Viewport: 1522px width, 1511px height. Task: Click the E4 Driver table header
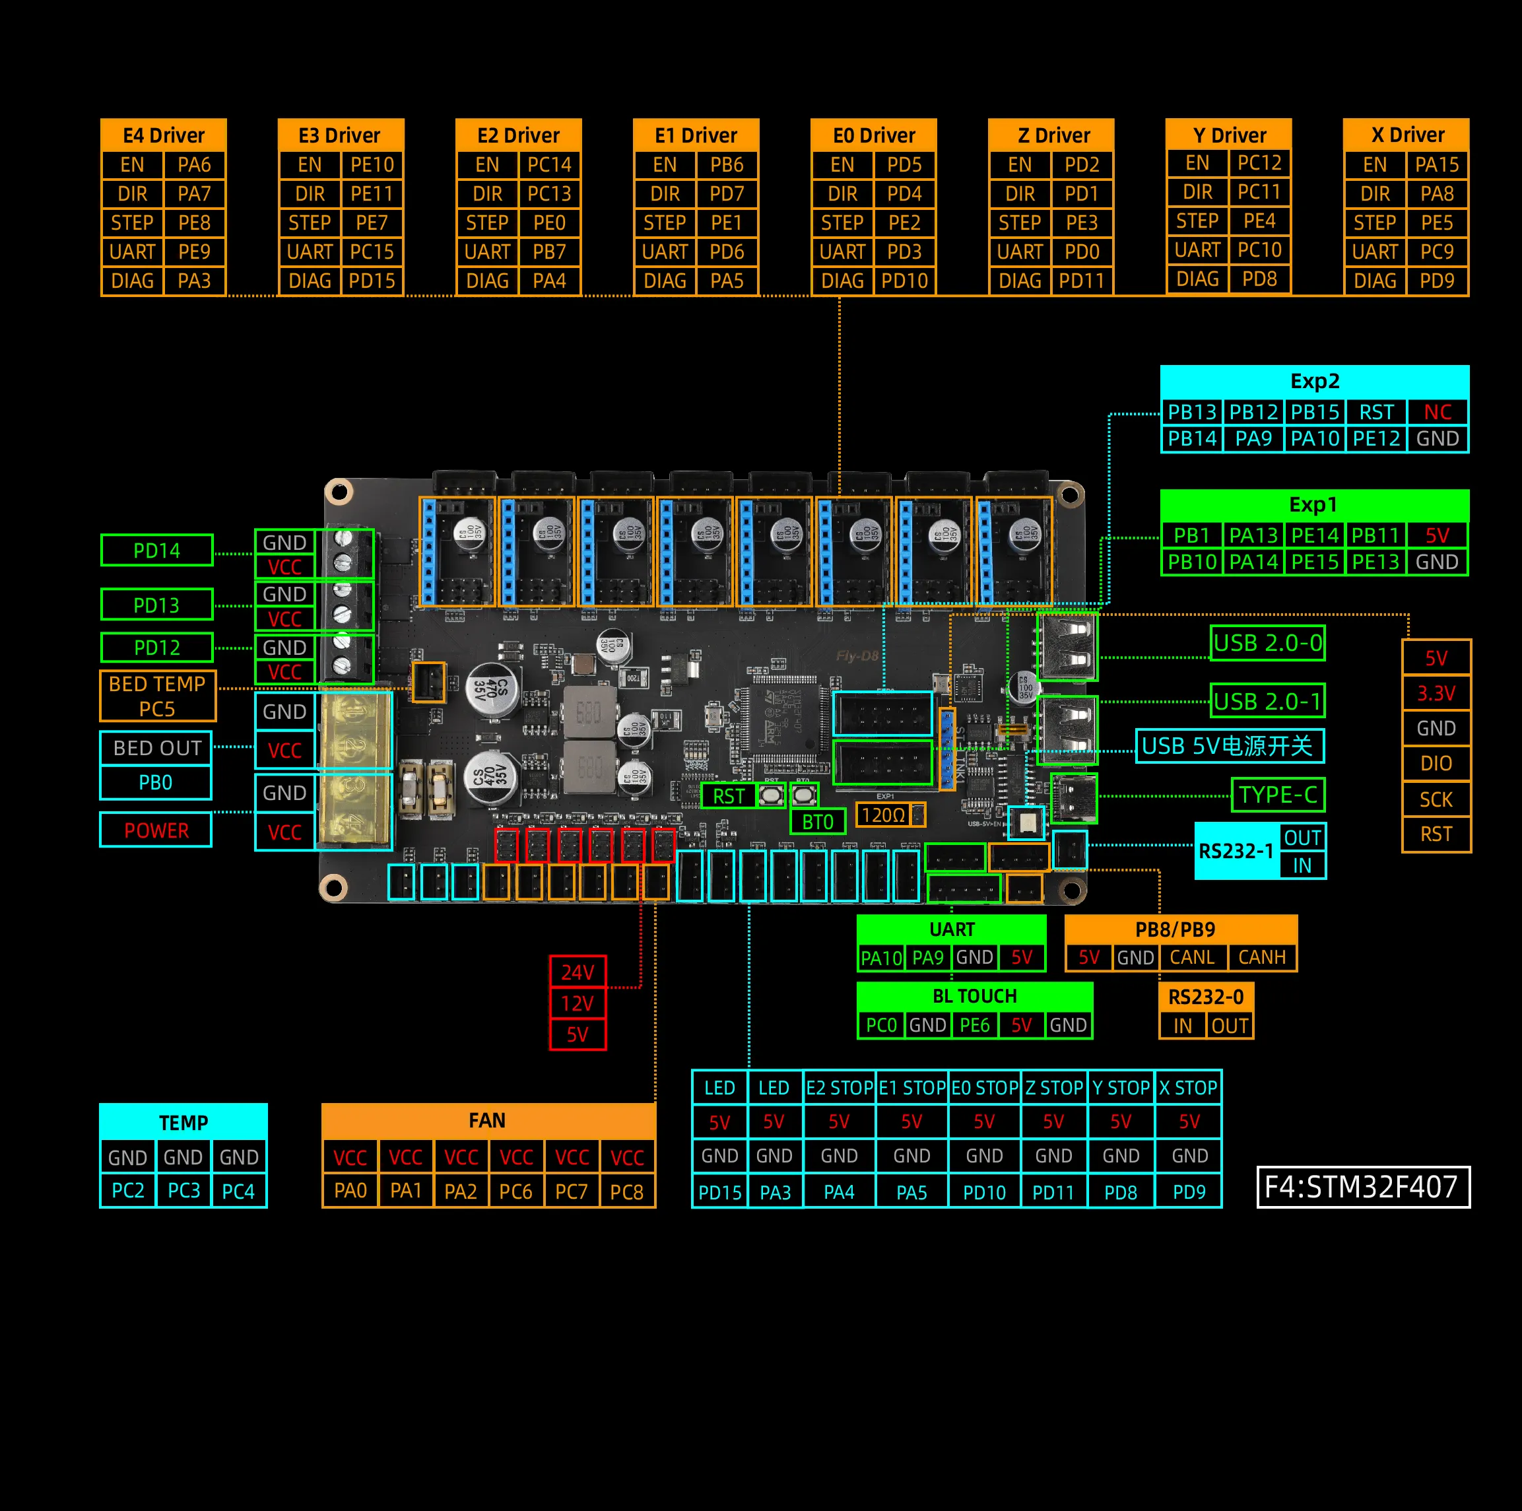pyautogui.click(x=163, y=135)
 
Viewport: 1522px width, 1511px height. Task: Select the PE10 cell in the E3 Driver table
pyautogui.click(x=372, y=164)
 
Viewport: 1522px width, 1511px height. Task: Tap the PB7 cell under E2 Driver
pyautogui.click(x=549, y=252)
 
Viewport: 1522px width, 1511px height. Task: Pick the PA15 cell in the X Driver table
pyautogui.click(x=1437, y=164)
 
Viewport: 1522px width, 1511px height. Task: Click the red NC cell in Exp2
pyautogui.click(x=1437, y=412)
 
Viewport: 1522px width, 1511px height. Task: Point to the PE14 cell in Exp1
pyautogui.click(x=1315, y=536)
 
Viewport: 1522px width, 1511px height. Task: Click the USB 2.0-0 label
pyautogui.click(x=1267, y=643)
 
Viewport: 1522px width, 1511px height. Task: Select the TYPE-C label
pyautogui.click(x=1278, y=795)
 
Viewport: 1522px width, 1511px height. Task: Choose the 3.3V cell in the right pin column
pyautogui.click(x=1436, y=693)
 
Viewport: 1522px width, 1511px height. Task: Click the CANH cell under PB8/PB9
pyautogui.click(x=1261, y=957)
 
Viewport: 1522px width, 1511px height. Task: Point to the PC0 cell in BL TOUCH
pyautogui.click(x=880, y=1025)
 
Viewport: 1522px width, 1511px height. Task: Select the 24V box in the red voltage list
pyautogui.click(x=578, y=972)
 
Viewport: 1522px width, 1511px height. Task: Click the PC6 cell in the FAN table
pyautogui.click(x=516, y=1191)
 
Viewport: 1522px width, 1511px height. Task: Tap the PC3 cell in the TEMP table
pyautogui.click(x=183, y=1190)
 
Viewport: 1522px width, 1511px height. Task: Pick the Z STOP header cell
pyautogui.click(x=1053, y=1088)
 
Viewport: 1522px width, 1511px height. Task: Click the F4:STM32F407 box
pyautogui.click(x=1362, y=1186)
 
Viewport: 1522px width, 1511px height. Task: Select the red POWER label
pyautogui.click(x=156, y=830)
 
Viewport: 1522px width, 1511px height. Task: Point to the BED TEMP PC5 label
pyautogui.click(x=158, y=696)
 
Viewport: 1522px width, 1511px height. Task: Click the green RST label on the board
pyautogui.click(x=729, y=795)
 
